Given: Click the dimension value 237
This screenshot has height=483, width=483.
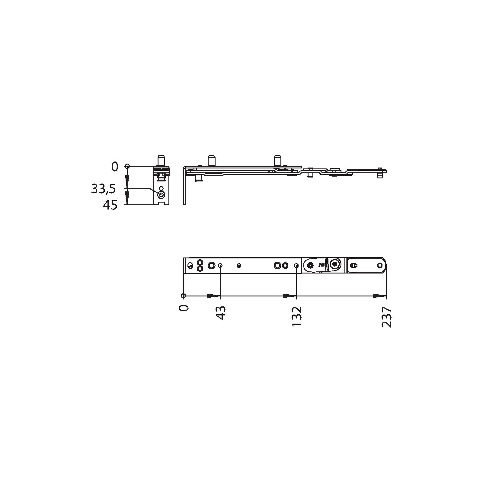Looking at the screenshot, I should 387,317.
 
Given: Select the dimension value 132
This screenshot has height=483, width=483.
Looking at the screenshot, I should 297,316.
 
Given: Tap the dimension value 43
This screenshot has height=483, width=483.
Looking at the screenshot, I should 221,313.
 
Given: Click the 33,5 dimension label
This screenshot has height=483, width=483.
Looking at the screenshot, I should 103,189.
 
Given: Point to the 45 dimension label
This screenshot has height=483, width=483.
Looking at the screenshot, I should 110,206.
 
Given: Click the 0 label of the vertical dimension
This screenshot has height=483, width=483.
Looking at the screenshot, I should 115,167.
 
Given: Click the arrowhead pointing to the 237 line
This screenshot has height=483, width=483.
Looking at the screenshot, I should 380,296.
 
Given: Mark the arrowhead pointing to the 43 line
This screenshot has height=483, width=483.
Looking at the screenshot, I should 213,296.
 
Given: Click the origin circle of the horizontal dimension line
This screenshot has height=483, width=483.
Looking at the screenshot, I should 183,296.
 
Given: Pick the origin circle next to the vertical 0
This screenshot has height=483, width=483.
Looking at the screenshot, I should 127,166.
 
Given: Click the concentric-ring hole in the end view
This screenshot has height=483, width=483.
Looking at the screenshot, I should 162,195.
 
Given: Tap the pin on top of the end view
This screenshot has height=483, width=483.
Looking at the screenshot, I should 161,160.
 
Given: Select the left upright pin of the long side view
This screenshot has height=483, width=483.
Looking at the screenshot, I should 211,160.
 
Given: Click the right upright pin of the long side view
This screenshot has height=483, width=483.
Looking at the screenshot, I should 277,160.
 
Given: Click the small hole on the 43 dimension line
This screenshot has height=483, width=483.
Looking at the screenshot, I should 220,266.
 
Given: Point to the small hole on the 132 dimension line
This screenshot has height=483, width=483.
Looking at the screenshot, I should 296,266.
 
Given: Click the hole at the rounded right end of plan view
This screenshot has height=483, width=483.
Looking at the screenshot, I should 380,265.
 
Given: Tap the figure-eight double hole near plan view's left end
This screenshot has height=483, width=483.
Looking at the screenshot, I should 199,265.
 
